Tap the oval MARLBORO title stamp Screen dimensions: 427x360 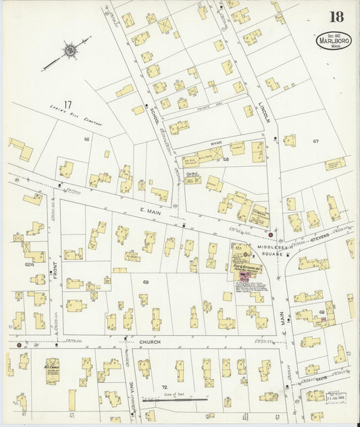pos(334,41)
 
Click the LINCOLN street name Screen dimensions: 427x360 pos(265,108)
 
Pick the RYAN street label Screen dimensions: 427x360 pos(215,143)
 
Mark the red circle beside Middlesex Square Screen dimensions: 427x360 pos(271,235)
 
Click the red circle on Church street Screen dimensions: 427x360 pos(19,345)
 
